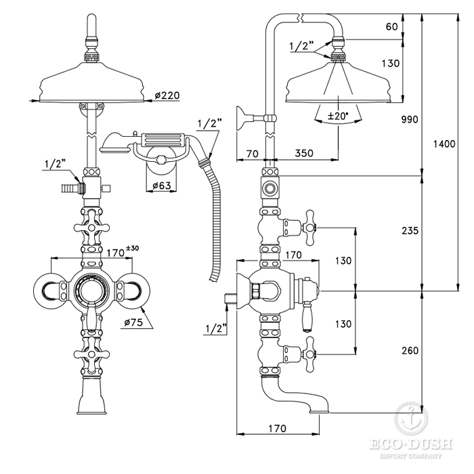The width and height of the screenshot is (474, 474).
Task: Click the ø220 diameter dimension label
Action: [x=167, y=95]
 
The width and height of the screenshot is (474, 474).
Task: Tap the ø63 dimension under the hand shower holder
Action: [x=162, y=186]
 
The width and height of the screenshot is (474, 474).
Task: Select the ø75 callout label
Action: [x=133, y=322]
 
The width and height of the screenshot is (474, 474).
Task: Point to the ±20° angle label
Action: [x=338, y=116]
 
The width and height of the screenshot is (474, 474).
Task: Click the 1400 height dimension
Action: [x=444, y=144]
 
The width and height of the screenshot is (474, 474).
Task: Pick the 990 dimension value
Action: [x=410, y=119]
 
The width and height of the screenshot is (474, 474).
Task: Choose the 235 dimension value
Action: [x=410, y=231]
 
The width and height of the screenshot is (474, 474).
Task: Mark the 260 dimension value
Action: [x=410, y=351]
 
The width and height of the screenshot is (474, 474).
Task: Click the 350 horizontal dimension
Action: [x=304, y=153]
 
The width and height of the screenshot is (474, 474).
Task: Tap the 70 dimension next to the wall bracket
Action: [x=253, y=154]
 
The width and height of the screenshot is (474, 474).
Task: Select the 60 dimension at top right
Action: [x=392, y=26]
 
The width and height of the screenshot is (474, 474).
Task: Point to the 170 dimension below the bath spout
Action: [x=277, y=429]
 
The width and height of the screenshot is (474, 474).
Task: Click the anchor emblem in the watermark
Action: [x=411, y=418]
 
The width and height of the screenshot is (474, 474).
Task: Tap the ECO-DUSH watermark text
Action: [x=411, y=444]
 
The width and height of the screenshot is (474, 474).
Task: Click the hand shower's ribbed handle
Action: [x=162, y=140]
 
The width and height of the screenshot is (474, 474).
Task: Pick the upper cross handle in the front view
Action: [x=91, y=228]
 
